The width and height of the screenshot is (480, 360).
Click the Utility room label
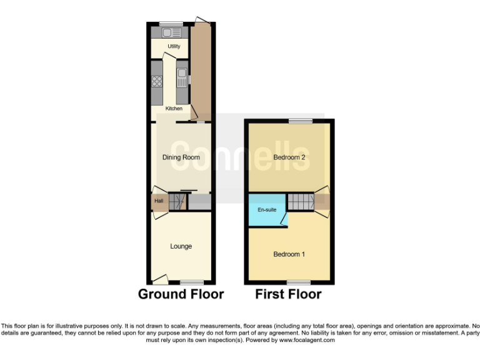coord(174,47)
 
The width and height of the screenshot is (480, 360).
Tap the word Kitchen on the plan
coord(174,109)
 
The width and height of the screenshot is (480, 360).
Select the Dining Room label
coord(181,157)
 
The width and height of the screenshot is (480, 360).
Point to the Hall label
coord(159,201)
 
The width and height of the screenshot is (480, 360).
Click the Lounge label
coord(181,246)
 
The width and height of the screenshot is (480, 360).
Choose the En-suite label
coord(267,209)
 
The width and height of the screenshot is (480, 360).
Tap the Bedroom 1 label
coord(289,254)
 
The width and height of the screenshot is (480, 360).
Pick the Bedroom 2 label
coord(289,157)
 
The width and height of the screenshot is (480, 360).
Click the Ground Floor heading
coord(181,294)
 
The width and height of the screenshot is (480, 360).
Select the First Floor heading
coord(288,294)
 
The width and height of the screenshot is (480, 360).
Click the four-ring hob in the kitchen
coord(157,81)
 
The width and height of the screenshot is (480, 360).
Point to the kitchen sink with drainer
coord(182,79)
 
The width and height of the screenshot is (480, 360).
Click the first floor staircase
coord(300,202)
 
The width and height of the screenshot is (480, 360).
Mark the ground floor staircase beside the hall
coord(179,201)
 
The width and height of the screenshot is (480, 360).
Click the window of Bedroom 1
coord(298,282)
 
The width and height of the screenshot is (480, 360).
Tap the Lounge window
coord(192,282)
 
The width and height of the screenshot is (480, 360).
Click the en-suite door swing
coord(284,219)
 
